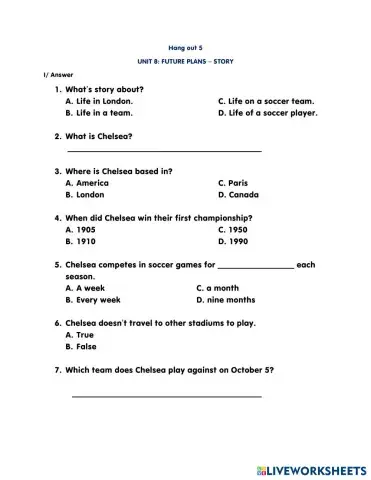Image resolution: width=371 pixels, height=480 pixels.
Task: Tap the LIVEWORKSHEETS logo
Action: [309, 467]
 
